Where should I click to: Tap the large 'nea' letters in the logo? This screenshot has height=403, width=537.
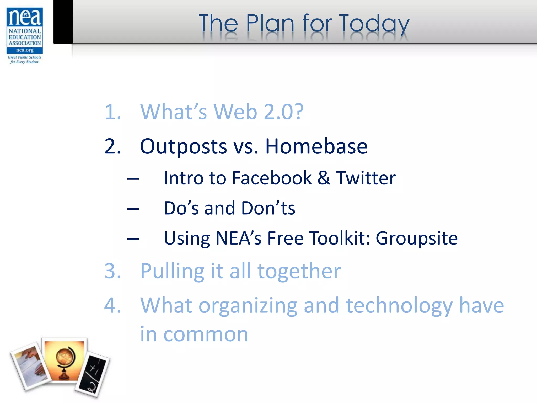(x=25, y=17)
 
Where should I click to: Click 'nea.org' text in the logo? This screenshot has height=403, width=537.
(x=25, y=50)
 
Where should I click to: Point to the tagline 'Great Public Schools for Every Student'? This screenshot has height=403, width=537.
(x=24, y=60)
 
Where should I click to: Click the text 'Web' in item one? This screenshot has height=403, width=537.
(x=235, y=112)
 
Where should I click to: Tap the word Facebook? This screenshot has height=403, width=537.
(x=272, y=178)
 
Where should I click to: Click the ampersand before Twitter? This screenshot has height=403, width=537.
(x=324, y=178)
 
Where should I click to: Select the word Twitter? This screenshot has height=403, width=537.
(x=366, y=178)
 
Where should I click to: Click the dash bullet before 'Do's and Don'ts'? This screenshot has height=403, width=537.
(x=133, y=209)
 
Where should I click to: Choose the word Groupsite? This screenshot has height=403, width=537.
(x=417, y=238)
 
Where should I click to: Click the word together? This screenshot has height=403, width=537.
(x=299, y=271)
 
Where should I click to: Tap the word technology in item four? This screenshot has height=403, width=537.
(x=399, y=306)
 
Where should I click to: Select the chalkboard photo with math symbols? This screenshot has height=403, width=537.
(x=93, y=374)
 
